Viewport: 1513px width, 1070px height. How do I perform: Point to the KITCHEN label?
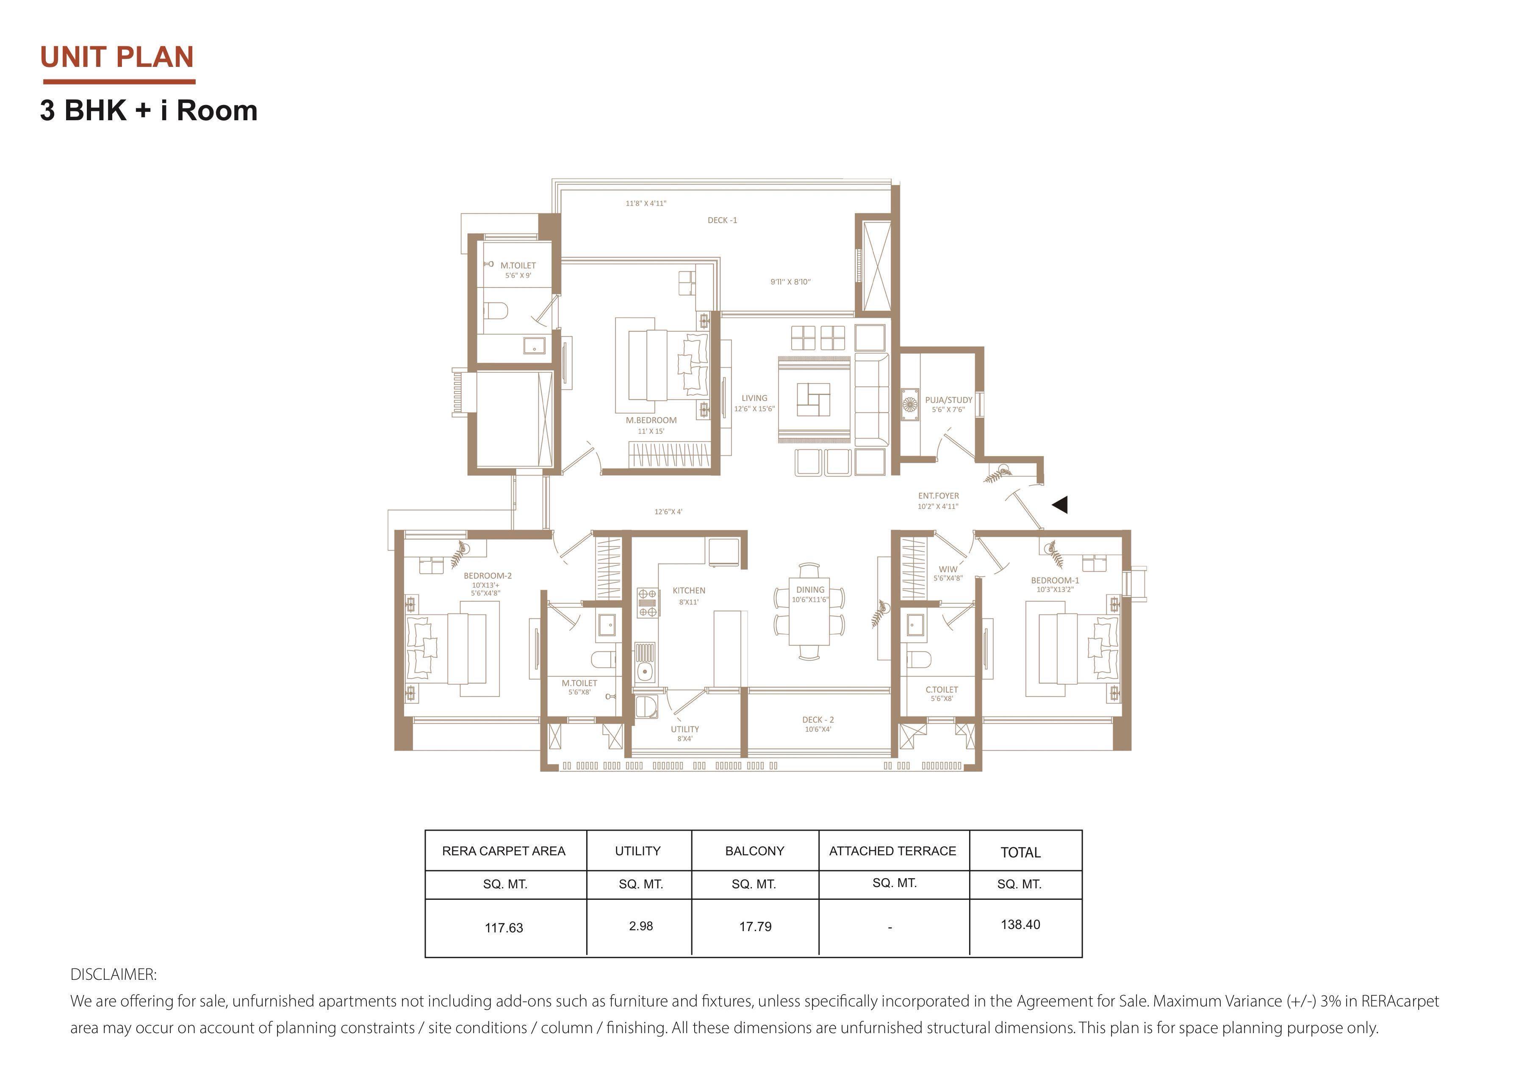click(689, 590)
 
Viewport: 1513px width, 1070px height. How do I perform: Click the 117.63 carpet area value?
click(504, 928)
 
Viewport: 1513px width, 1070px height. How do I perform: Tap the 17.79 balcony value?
click(755, 926)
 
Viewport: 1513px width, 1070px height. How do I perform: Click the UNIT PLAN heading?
click(117, 57)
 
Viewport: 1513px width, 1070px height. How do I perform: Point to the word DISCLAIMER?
click(114, 974)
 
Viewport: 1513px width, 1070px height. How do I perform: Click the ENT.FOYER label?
click(938, 495)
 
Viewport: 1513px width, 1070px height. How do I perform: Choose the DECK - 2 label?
click(818, 719)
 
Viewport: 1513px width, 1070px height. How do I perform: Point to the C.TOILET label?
click(942, 690)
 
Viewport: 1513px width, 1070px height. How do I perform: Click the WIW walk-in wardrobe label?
click(948, 569)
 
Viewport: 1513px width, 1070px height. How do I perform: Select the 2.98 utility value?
click(640, 926)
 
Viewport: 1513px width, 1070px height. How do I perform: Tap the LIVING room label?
click(754, 398)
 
